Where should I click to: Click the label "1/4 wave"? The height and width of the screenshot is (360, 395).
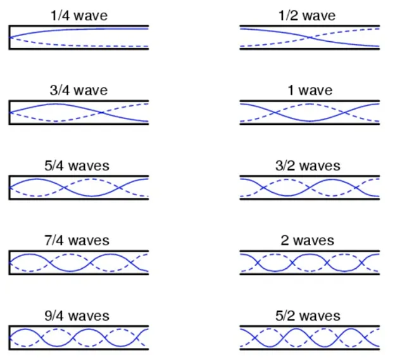[79, 16]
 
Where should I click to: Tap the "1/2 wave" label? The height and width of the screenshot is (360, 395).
[310, 16]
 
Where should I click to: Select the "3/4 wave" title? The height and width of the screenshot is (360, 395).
[79, 91]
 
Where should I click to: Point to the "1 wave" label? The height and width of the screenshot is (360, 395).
[310, 91]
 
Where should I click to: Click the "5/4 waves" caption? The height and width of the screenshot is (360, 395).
[79, 165]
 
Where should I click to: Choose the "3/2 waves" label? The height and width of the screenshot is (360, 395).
[310, 165]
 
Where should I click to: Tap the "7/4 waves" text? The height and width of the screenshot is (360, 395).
[79, 240]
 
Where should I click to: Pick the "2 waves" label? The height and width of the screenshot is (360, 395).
[310, 240]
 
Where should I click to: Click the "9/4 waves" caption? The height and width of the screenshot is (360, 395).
[79, 315]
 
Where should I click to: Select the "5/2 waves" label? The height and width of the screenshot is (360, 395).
[310, 315]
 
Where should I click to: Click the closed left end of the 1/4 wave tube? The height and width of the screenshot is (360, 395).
[9, 37]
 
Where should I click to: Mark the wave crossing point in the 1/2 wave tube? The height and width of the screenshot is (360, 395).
[310, 37]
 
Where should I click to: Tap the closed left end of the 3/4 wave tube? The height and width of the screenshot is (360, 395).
[9, 112]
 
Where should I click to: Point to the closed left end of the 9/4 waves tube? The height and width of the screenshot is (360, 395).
[9, 337]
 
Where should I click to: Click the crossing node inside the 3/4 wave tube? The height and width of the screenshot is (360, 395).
[102, 112]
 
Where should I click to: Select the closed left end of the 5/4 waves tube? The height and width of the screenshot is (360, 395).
[9, 187]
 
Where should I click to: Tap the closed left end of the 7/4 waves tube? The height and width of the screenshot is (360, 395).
[9, 262]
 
